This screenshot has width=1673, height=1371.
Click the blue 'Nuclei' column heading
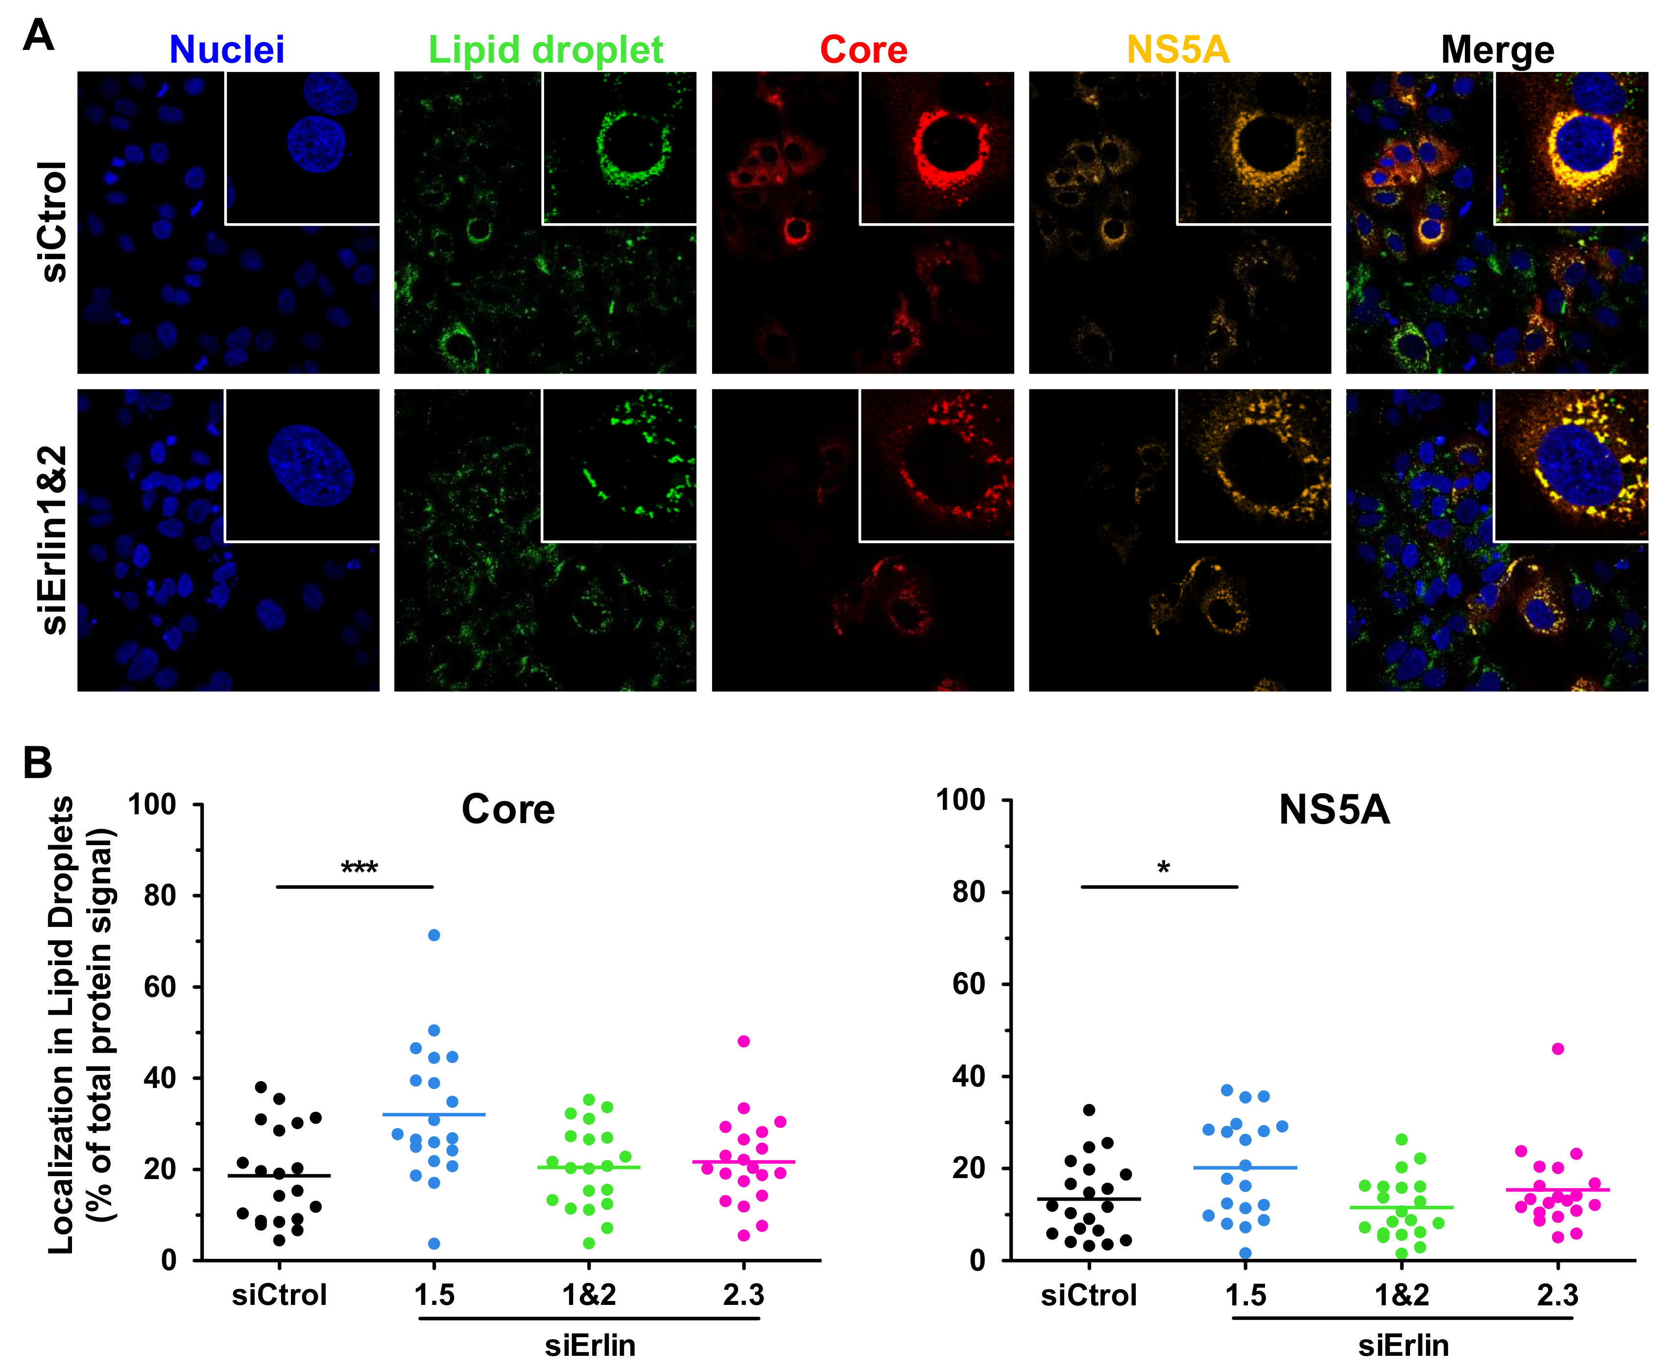click(227, 50)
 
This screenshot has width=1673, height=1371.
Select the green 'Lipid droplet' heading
click(545, 50)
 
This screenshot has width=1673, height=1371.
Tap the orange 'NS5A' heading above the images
click(1178, 50)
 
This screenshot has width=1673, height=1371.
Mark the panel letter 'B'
click(37, 763)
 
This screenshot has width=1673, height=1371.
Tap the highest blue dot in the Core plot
click(433, 935)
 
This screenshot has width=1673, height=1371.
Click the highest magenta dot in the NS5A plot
click(1558, 1049)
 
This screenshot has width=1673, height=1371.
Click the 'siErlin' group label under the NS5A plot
click(1403, 1346)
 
